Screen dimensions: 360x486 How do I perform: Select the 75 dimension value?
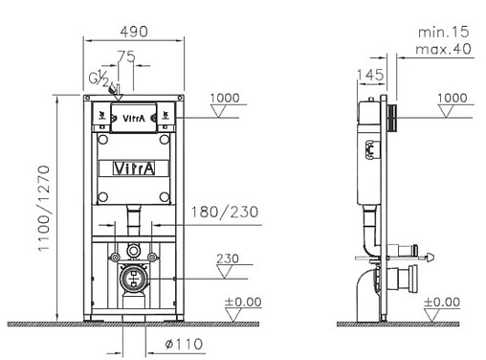point(124,56)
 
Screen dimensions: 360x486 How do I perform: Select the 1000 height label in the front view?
point(226,98)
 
